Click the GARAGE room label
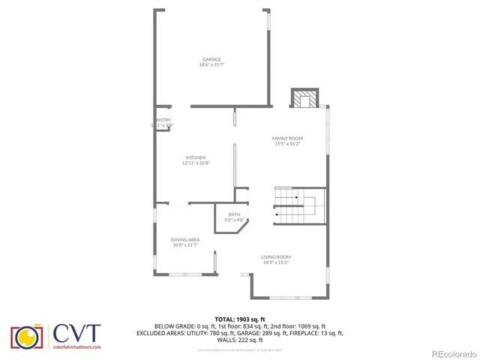coord(212,59)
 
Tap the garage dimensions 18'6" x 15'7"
coord(212,65)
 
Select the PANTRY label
coord(163,120)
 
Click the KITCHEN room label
coord(196,157)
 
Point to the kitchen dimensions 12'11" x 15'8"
coord(196,163)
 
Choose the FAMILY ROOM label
coord(286,138)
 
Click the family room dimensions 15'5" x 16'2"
coord(286,144)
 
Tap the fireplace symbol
coord(305,99)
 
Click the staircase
coord(298,205)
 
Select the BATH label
coord(235,214)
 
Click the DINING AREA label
coord(184,239)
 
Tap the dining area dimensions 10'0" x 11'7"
coord(184,245)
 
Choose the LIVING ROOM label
coord(276,256)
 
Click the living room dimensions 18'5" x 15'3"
coord(276,262)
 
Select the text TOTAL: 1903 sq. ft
coord(240,319)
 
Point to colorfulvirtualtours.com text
coord(76,347)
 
